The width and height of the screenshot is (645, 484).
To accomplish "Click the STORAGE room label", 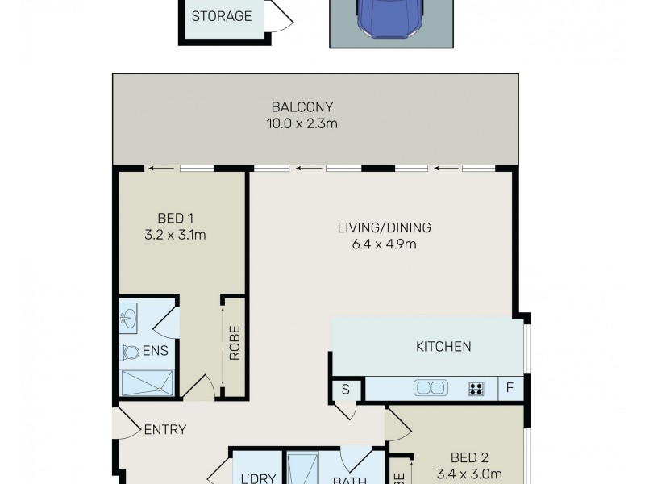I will click(x=222, y=16).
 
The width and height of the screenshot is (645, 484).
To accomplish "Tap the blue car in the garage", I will click(x=390, y=18).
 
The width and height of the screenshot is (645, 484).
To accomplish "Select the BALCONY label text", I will click(x=302, y=107).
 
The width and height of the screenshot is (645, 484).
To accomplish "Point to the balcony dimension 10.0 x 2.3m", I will click(x=302, y=123).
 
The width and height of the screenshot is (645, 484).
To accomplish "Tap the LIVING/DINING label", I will click(x=385, y=227).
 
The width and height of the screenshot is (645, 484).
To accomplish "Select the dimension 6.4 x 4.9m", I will click(x=385, y=244).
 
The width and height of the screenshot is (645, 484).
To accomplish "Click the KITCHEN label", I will click(x=443, y=347).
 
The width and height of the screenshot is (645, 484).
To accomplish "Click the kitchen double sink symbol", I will click(x=431, y=388).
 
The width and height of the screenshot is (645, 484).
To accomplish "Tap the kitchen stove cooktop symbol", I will click(x=476, y=388).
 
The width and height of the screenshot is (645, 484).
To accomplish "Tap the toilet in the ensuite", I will click(x=130, y=352).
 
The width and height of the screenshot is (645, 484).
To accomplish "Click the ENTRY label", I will click(x=164, y=429).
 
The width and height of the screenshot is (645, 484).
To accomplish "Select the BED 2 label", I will click(x=457, y=457).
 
